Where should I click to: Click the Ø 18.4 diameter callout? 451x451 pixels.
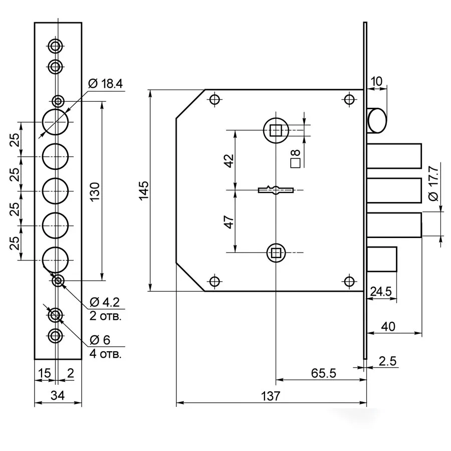[106, 84]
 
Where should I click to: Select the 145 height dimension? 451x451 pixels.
[143, 190]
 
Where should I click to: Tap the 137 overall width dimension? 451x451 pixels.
[271, 396]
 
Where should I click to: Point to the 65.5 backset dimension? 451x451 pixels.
[324, 373]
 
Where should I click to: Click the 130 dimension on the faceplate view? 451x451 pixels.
[95, 191]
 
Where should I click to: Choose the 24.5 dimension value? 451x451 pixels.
[381, 291]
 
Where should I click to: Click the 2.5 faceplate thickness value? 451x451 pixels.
[387, 361]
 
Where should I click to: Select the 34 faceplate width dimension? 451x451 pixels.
[58, 395]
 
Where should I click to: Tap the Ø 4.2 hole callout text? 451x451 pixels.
[105, 302]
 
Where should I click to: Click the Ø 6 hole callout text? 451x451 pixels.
[100, 340]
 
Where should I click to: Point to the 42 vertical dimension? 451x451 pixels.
[229, 160]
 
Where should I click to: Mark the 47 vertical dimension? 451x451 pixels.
[229, 222]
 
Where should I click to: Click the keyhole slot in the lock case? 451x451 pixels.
[276, 190]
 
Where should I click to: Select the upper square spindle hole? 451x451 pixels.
[276, 130]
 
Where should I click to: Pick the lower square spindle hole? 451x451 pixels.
[276, 253]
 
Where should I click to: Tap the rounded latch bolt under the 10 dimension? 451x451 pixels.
[376, 120]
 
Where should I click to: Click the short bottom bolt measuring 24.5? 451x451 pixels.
[382, 259]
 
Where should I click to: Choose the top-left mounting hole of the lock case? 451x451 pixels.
[214, 100]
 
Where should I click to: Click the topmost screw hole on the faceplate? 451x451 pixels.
[55, 46]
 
